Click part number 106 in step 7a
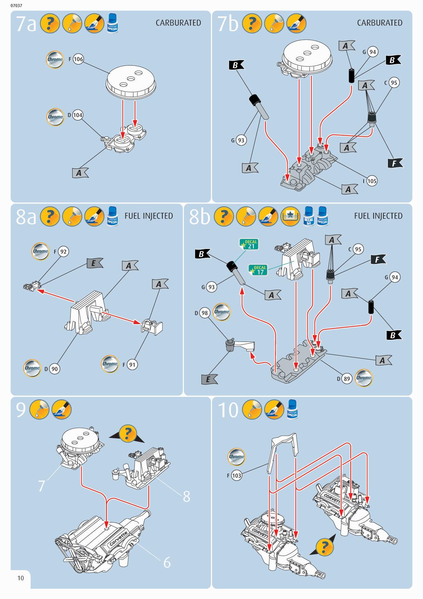[78, 59]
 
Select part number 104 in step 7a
[77, 115]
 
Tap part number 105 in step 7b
[372, 181]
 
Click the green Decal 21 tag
[249, 244]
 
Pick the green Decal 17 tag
[258, 270]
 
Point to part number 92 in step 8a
[63, 252]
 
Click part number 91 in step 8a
[132, 365]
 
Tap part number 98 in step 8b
[204, 313]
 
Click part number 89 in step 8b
[347, 378]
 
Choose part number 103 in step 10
[236, 475]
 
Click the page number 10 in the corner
[20, 578]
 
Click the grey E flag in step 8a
[94, 263]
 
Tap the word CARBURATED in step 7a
[178, 23]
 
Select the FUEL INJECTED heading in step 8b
[378, 216]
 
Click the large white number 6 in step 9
[167, 562]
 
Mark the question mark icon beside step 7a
[50, 24]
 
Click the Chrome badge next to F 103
[236, 457]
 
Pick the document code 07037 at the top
[16, 5]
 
